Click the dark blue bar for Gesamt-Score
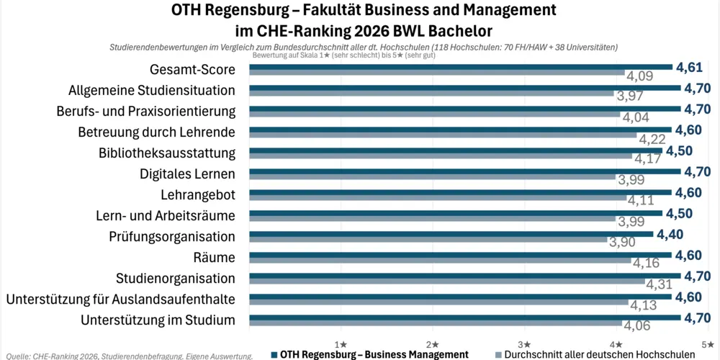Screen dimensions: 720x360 click(461, 67)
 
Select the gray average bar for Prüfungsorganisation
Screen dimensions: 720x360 click(428, 239)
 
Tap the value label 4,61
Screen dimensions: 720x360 click(689, 68)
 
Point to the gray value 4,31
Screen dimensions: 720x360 click(660, 284)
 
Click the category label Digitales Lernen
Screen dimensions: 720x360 click(187, 174)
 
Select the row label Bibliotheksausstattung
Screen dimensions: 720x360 click(167, 153)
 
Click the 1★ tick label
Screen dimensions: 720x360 click(341, 344)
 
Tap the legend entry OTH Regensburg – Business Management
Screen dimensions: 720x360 click(370, 354)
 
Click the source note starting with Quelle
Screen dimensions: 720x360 click(130, 356)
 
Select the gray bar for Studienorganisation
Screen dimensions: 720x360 click(447, 281)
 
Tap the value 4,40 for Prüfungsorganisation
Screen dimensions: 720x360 click(670, 235)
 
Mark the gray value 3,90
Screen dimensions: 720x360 click(623, 243)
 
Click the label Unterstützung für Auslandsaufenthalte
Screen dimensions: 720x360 click(121, 300)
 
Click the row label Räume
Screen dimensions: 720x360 click(215, 258)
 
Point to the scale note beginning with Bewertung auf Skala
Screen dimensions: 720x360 click(344, 55)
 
